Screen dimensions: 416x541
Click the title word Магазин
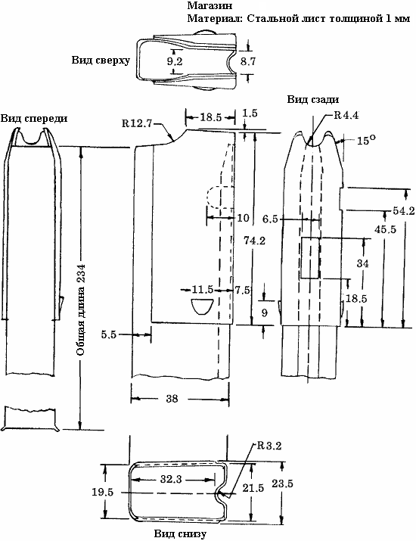pos(210,5)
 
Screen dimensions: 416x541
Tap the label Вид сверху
pos(101,61)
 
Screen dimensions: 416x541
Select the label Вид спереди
pos(34,118)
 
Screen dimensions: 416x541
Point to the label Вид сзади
pos(313,100)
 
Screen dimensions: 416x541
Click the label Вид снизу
pos(180,533)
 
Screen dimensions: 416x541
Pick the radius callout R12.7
pos(137,123)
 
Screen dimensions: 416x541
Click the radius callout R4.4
pos(346,115)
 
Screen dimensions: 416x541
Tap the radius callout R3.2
pos(269,446)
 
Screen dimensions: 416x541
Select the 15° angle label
pos(366,140)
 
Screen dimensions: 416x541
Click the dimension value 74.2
pos(254,241)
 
